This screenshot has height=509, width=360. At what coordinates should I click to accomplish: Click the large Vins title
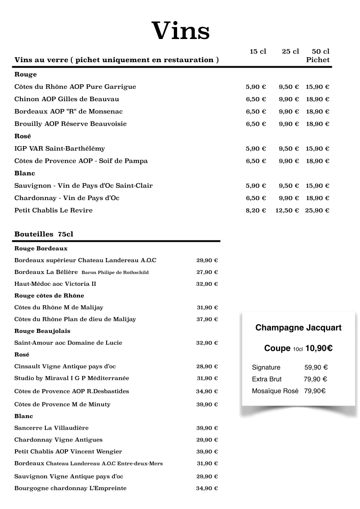(181, 31)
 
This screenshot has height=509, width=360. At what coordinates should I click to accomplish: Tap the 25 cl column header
(290, 52)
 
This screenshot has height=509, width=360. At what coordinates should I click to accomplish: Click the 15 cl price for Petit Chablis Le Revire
(256, 210)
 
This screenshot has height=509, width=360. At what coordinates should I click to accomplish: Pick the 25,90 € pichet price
(317, 210)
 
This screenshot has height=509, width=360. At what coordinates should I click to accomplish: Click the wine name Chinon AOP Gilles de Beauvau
(67, 99)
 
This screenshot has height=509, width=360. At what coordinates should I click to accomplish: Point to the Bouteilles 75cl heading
(44, 235)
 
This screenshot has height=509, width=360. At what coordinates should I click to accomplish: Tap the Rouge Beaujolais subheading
(42, 331)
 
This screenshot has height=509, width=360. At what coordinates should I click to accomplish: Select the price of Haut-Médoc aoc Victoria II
(207, 284)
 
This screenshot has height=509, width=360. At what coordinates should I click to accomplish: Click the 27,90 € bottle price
(207, 272)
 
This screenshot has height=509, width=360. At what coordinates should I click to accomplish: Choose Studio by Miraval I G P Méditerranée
(72, 378)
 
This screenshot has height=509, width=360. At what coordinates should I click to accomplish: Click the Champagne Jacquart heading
(298, 328)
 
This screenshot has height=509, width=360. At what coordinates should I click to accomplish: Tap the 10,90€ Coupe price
(319, 348)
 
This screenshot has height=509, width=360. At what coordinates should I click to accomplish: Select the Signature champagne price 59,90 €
(316, 367)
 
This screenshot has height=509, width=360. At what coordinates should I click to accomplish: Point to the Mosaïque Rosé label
(275, 391)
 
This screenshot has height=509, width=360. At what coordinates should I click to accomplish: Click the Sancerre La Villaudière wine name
(51, 428)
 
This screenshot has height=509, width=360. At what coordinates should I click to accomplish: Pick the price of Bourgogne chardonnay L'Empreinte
(207, 489)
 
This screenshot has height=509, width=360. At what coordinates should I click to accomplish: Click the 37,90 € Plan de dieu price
(207, 319)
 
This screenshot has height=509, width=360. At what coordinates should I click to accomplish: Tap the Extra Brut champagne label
(266, 379)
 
